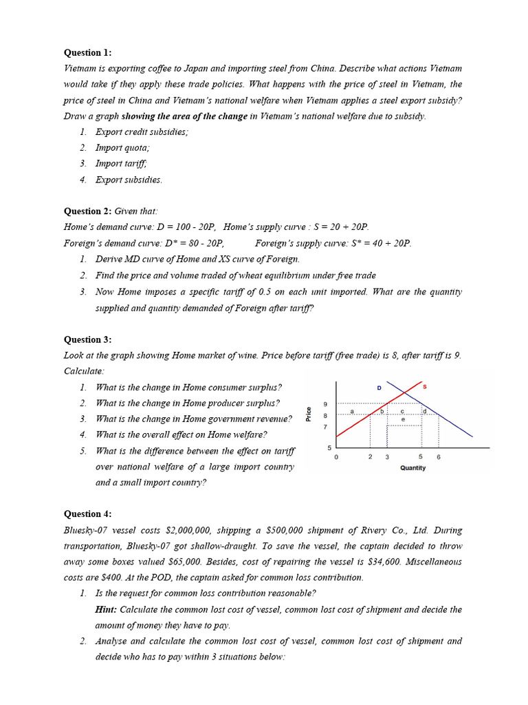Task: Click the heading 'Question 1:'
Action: coord(87,52)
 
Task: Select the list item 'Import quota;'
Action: coord(122,147)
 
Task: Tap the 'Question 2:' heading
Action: coord(87,211)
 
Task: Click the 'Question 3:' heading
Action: coord(87,339)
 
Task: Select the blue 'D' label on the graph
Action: coord(379,388)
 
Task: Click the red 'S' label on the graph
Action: coord(424,387)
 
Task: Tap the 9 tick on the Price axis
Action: coord(325,404)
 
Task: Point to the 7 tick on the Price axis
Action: coord(325,427)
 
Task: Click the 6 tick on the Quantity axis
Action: coord(439,457)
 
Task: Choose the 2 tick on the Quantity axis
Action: coord(370,457)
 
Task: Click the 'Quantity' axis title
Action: coord(412,468)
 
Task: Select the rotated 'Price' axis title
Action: coord(309,414)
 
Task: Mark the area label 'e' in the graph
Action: coord(403,419)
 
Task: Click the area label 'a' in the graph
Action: coord(351,412)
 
